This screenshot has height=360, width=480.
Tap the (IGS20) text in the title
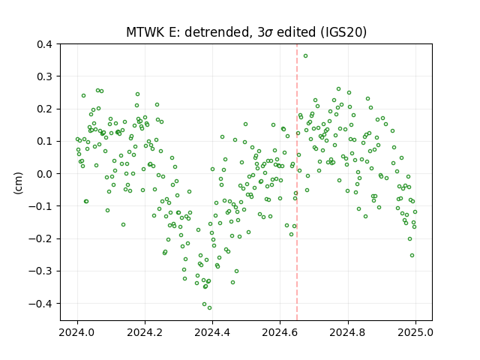point(343,32)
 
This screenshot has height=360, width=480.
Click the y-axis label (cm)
point(18,183)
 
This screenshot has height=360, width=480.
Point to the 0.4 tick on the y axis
point(44,44)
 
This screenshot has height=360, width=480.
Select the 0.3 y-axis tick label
point(44,76)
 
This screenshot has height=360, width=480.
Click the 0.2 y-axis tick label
point(44,109)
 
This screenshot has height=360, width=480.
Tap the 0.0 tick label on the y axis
point(44,174)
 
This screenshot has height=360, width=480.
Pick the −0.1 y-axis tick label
point(40,206)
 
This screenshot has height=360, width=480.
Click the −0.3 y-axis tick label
point(40,271)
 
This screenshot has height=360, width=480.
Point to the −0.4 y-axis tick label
point(40,304)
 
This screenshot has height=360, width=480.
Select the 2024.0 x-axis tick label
point(77,332)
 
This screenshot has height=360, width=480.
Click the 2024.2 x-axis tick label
point(145,332)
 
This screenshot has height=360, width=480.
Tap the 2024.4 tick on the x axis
point(212,332)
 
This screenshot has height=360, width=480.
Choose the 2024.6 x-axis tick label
point(280,332)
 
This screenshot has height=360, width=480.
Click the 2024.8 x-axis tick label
point(348,332)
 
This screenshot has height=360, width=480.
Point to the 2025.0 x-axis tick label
point(415,332)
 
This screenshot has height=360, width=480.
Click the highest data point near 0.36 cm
point(305,56)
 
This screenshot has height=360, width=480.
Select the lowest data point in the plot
point(210,308)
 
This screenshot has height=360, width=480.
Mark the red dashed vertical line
point(297,182)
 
